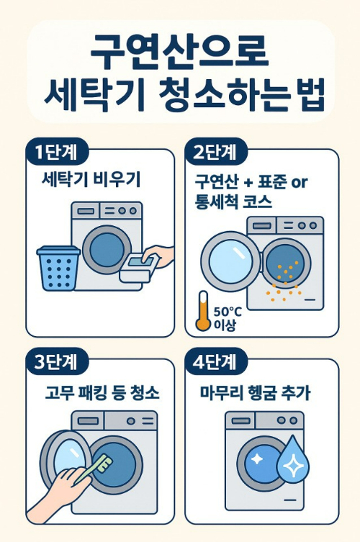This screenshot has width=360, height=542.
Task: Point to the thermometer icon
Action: pyautogui.click(x=203, y=310)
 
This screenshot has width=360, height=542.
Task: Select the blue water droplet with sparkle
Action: pyautogui.click(x=293, y=460)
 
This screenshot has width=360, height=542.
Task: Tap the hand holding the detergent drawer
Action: pyautogui.click(x=160, y=256)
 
